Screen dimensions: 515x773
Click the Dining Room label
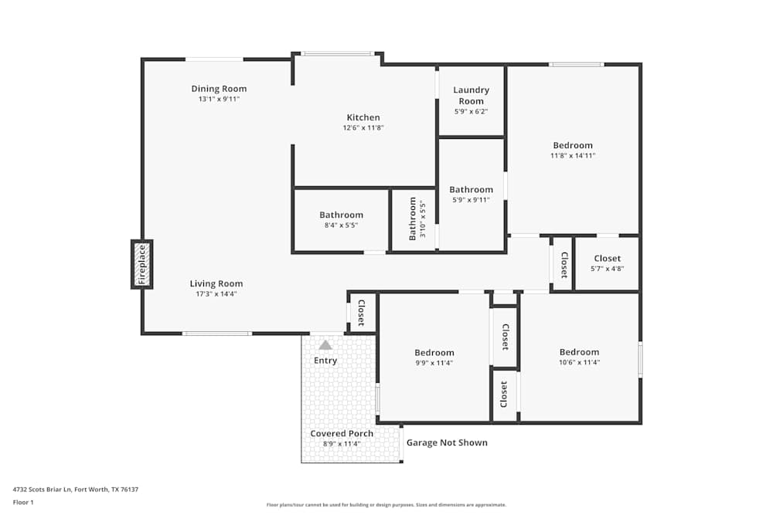[219, 89]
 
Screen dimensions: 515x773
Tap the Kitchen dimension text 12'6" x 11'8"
[363, 128]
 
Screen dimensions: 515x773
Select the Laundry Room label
[471, 96]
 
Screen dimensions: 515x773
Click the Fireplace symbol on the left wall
[141, 265]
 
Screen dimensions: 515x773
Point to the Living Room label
[216, 283]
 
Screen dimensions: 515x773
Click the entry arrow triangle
[325, 345]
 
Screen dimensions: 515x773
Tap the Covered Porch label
[342, 433]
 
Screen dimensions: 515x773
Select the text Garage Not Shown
[447, 442]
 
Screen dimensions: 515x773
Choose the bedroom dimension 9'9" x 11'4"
[434, 363]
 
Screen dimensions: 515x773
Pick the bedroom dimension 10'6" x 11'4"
[579, 363]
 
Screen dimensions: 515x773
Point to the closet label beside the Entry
[361, 313]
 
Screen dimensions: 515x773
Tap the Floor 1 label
[23, 502]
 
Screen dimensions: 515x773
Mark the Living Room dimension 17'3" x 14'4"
[216, 294]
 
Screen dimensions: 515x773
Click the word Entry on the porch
[325, 361]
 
